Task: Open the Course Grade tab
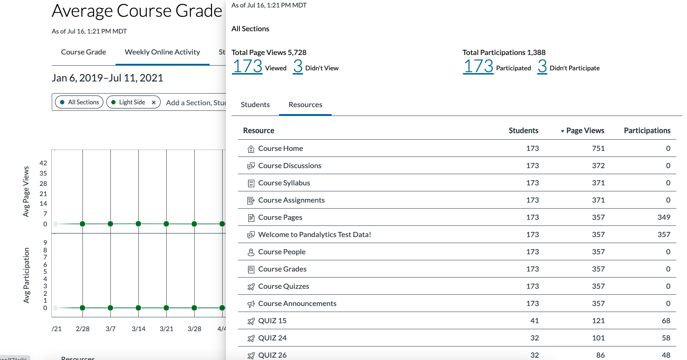tap(83, 52)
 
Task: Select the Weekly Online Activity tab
tap(163, 52)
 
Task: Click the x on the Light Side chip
tap(154, 102)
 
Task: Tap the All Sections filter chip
tap(80, 102)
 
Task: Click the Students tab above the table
tap(255, 105)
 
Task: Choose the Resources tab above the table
tap(306, 105)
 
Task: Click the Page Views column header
tap(585, 131)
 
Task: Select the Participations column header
tap(647, 131)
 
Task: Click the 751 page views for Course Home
tap(598, 149)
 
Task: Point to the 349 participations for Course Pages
tap(664, 217)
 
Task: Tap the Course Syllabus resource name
tap(284, 183)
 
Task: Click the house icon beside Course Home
tap(251, 149)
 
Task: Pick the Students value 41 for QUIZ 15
tap(534, 321)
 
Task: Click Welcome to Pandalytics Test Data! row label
tap(315, 235)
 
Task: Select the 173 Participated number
tap(478, 67)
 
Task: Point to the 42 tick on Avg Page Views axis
tap(43, 163)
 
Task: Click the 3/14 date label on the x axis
tap(138, 329)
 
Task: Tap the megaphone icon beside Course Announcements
tap(251, 304)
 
